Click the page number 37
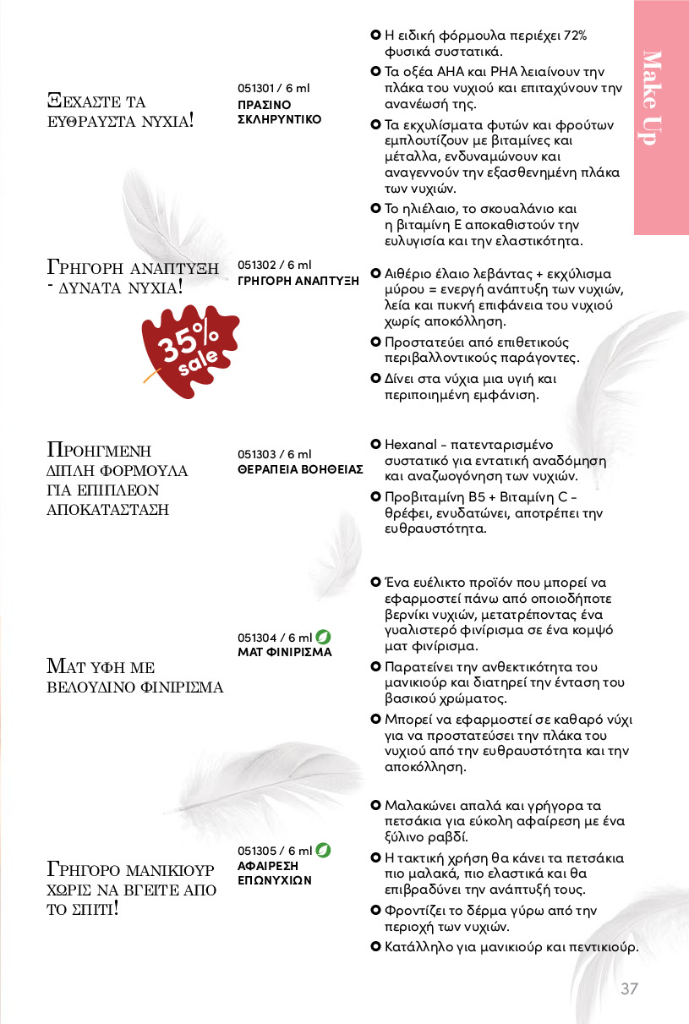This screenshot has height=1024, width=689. click(x=629, y=988)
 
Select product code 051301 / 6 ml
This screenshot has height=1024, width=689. click(x=274, y=89)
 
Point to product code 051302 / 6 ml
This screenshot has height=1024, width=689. click(x=274, y=265)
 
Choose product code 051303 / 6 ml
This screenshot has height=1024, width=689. click(x=274, y=454)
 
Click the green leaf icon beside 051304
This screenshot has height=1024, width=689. click(x=322, y=637)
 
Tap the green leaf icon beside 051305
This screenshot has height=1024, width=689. click(x=322, y=850)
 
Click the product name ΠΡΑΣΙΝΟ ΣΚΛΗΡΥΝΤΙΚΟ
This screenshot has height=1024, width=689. click(x=279, y=112)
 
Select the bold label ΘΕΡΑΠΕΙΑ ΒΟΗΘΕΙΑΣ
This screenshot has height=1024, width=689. click(x=300, y=468)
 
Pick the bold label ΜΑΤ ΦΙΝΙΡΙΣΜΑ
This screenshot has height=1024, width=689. click(x=284, y=652)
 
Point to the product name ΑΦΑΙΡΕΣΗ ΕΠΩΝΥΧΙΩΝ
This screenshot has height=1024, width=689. click(x=275, y=873)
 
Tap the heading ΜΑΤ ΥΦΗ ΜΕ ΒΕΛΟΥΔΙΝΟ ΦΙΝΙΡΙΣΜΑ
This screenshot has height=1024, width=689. click(x=134, y=676)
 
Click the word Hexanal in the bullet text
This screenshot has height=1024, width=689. click(x=409, y=444)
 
